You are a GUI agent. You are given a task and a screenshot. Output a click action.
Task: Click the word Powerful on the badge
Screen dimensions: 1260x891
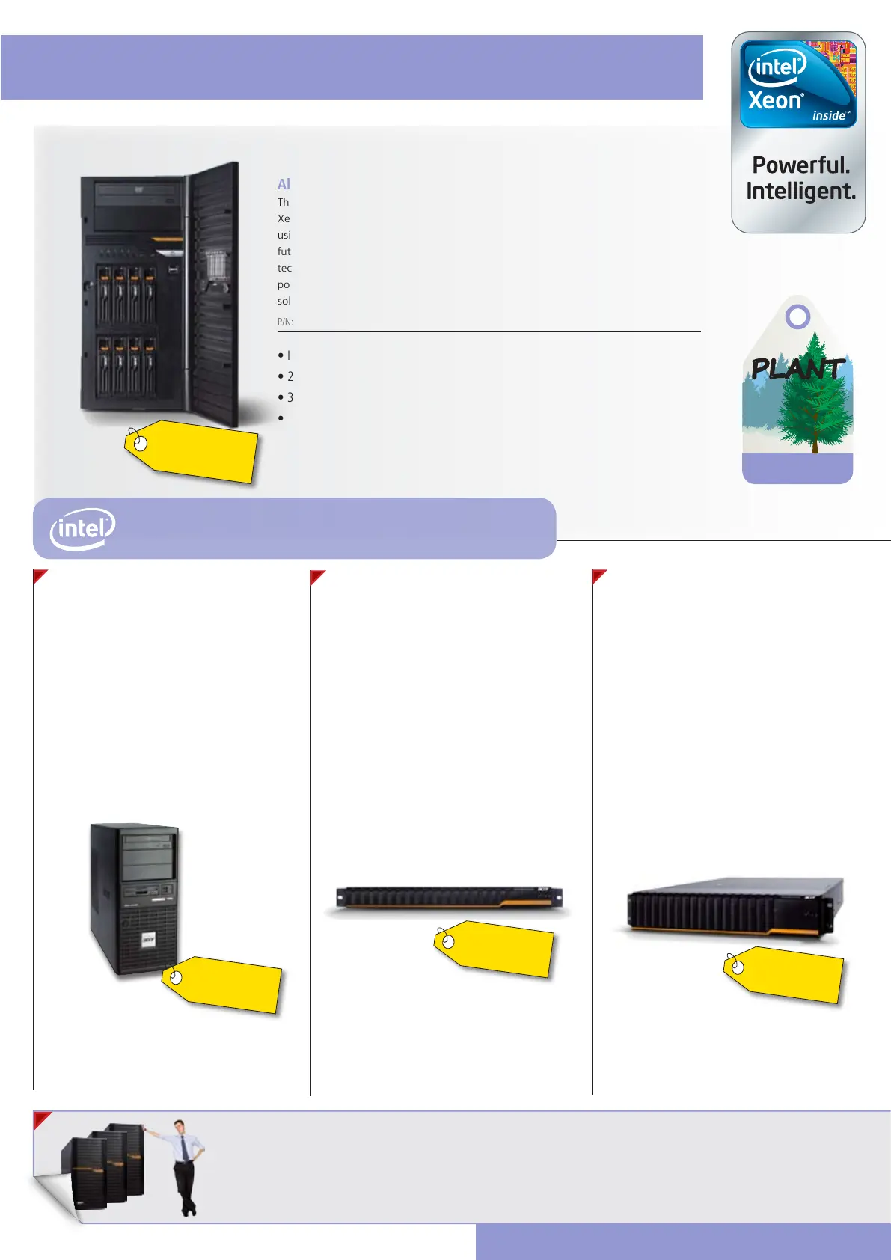(x=800, y=165)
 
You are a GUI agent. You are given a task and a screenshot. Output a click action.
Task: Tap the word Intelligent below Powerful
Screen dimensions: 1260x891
(x=800, y=192)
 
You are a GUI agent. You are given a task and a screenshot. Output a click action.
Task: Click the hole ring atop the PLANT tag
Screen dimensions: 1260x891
(x=798, y=316)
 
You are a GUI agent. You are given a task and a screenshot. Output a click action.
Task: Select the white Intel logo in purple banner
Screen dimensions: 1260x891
(x=82, y=528)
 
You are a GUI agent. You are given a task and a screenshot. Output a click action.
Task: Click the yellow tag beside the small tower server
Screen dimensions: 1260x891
(x=224, y=985)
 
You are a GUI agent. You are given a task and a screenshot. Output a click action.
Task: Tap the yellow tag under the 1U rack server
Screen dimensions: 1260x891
(x=495, y=949)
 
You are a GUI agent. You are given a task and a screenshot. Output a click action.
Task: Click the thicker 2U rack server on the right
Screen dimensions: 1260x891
(x=733, y=907)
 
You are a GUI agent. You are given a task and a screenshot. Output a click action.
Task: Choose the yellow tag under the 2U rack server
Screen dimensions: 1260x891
(x=785, y=975)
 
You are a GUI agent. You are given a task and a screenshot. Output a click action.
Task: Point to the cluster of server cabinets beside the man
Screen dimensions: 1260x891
(x=105, y=1167)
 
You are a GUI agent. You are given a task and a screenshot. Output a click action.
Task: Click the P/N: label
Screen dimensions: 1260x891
(x=285, y=322)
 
